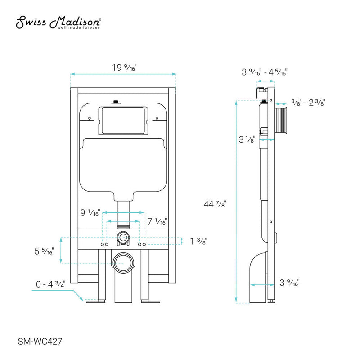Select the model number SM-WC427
tap(39, 342)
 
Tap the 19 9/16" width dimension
tap(124, 68)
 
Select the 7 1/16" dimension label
tap(157, 221)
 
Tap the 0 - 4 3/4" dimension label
tap(50, 284)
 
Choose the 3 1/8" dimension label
tap(248, 140)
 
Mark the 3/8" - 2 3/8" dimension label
tap(308, 103)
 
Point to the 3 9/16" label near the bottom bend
tap(289, 283)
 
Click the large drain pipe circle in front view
tap(122, 261)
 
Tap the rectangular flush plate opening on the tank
tap(122, 120)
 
